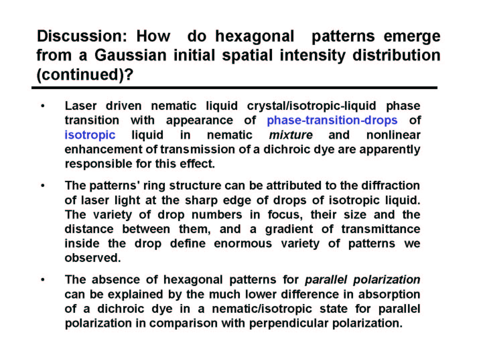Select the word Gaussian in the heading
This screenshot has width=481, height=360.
coord(130,55)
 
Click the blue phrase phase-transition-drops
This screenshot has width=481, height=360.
coord(332,121)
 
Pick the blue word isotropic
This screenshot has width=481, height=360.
coord(90,135)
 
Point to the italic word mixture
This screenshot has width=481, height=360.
coord(291,135)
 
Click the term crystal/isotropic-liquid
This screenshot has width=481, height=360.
coord(312,106)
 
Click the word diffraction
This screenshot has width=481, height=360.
coord(391,186)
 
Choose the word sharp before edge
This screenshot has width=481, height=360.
coord(201,200)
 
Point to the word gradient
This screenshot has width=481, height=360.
coord(289,229)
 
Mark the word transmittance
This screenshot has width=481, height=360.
coord(381,229)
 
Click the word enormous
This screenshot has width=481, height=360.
coord(243,244)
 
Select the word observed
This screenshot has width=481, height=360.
coord(93,258)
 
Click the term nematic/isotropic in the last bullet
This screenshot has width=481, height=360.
coord(262,309)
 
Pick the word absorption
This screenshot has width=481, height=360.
coord(389,294)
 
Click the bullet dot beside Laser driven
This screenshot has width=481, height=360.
coord(43,106)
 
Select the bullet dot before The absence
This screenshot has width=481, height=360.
coord(43,280)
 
